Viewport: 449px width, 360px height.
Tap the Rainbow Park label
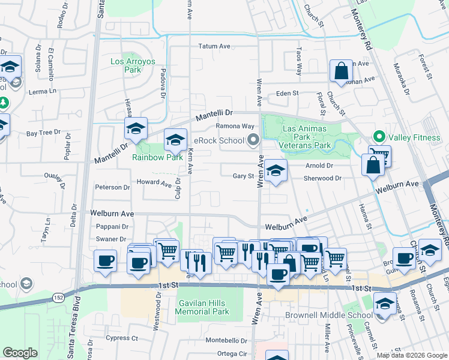click(157, 157)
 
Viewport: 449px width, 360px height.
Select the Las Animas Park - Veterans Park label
click(305, 137)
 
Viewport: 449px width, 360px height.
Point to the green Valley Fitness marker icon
click(379, 137)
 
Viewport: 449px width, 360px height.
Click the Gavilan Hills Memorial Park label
click(202, 307)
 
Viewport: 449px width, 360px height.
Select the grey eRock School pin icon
click(253, 140)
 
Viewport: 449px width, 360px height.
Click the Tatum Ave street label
click(214, 46)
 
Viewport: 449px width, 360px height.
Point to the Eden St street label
click(287, 93)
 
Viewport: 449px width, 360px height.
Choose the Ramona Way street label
click(235, 126)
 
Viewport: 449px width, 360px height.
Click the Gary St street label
click(244, 176)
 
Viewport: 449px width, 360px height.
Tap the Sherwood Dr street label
click(322, 178)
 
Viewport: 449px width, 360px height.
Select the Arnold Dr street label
click(319, 166)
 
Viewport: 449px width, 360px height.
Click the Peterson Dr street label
click(112, 187)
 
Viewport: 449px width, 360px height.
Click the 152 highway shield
click(58, 298)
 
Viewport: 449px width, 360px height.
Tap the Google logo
click(20, 353)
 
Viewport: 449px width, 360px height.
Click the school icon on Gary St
click(276, 170)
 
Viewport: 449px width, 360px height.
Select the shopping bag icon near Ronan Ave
click(341, 71)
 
